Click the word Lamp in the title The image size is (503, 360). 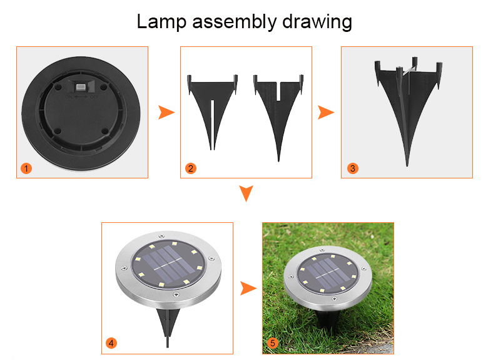[x=161, y=22]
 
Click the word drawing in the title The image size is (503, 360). [x=317, y=23]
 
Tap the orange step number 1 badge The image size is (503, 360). [x=26, y=168]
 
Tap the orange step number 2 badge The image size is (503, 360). [x=191, y=168]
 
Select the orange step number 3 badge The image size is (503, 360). [x=353, y=168]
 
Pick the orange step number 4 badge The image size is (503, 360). [x=111, y=343]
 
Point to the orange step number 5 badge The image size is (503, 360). [x=272, y=343]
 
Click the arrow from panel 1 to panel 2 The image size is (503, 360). [x=166, y=113]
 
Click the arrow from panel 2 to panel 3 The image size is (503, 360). [x=325, y=113]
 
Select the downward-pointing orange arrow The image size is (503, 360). [x=246, y=193]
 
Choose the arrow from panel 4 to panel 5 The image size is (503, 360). [x=248, y=288]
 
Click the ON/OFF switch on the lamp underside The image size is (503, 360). [x=80, y=86]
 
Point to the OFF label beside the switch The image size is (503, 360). [x=94, y=96]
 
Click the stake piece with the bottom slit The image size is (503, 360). [x=212, y=109]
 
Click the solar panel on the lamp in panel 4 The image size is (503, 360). [x=168, y=264]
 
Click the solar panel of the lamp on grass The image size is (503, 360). [x=328, y=273]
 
